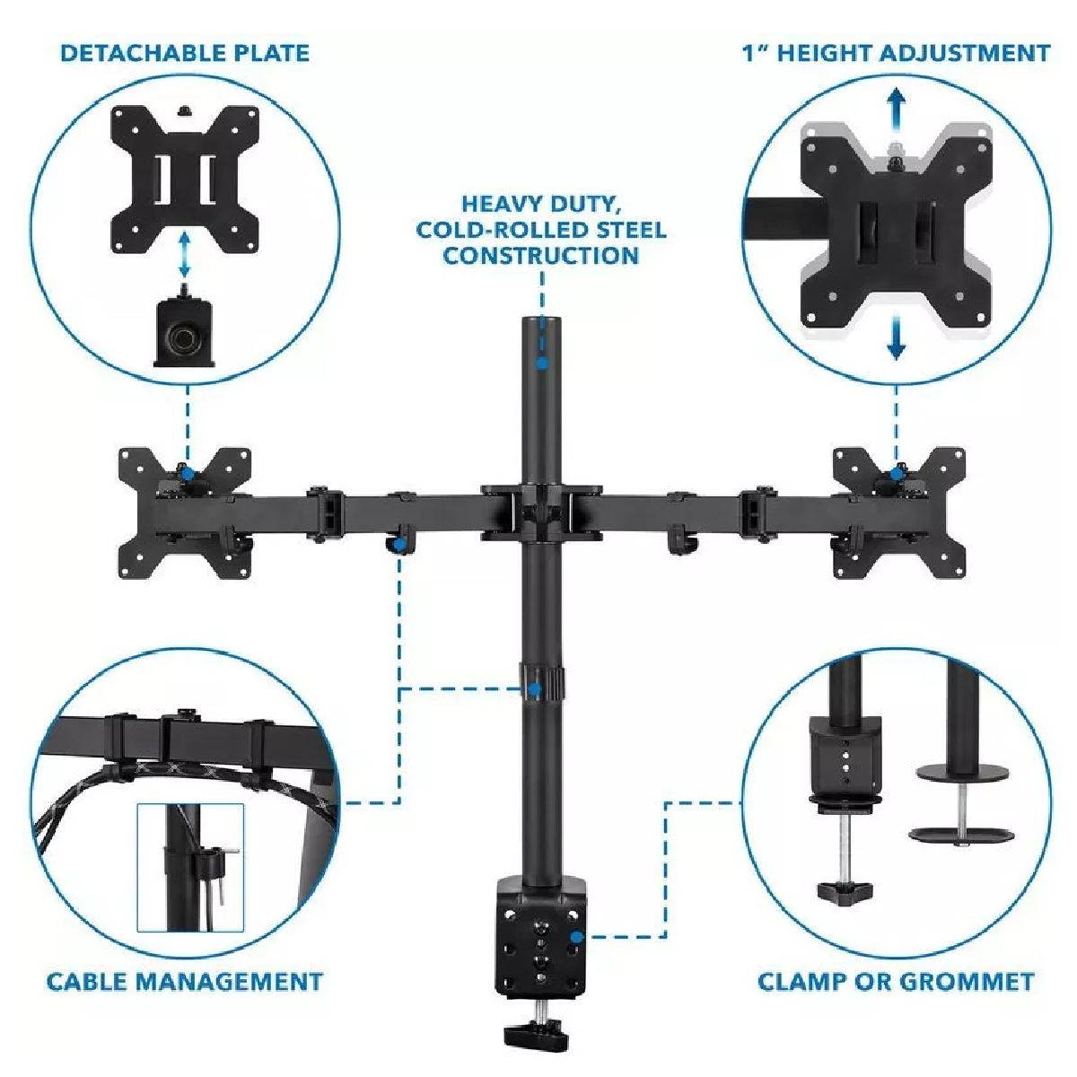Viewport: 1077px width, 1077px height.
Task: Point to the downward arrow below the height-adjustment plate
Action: pyautogui.click(x=896, y=336)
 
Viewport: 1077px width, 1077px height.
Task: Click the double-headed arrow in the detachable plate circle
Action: pyautogui.click(x=185, y=255)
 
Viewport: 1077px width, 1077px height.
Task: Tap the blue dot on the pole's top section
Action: pyautogui.click(x=541, y=363)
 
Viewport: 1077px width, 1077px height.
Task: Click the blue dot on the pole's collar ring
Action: pyautogui.click(x=535, y=689)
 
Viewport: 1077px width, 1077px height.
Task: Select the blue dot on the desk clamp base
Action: pyautogui.click(x=577, y=937)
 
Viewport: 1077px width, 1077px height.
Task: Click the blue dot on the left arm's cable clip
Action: pyautogui.click(x=399, y=543)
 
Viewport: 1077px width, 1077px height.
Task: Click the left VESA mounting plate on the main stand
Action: pyautogui.click(x=185, y=512)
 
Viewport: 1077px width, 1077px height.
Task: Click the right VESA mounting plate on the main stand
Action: pyautogui.click(x=899, y=512)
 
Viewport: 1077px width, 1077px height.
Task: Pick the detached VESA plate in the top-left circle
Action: pyautogui.click(x=185, y=179)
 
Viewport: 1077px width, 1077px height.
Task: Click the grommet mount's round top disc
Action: pyautogui.click(x=962, y=773)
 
